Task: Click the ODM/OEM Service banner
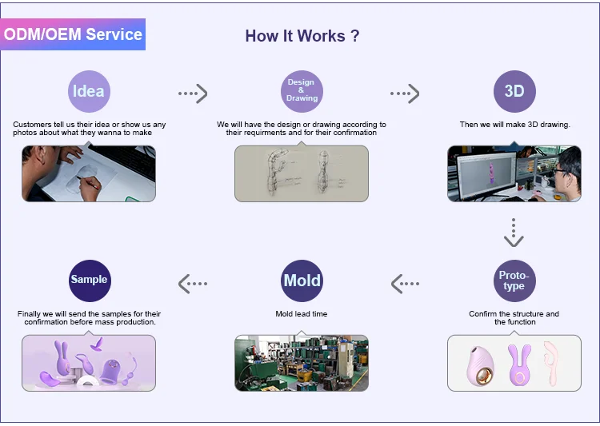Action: coord(73,34)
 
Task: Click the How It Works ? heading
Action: coord(302,36)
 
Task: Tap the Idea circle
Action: coord(89,91)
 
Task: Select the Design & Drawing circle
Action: coord(302,91)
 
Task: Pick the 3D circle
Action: coord(514,91)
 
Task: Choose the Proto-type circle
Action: coord(514,281)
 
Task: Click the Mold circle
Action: coord(302,281)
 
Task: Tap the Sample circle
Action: coord(89,280)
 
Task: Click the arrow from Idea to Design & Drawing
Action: coord(193,94)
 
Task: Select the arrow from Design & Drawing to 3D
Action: coord(405,94)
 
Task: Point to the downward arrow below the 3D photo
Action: coord(514,233)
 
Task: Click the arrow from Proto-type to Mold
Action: coord(405,283)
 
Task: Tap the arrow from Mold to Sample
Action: coord(193,283)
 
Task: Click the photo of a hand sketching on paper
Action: coord(89,173)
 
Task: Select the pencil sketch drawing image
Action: coord(302,173)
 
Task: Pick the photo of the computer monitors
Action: coord(514,173)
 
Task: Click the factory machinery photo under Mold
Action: coord(302,363)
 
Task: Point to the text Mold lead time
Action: coord(302,314)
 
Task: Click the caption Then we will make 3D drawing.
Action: coord(514,125)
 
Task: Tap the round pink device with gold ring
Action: coord(481,364)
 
